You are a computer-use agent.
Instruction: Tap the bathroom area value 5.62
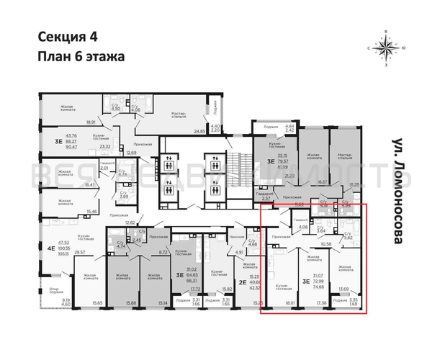(x=350, y=238)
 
